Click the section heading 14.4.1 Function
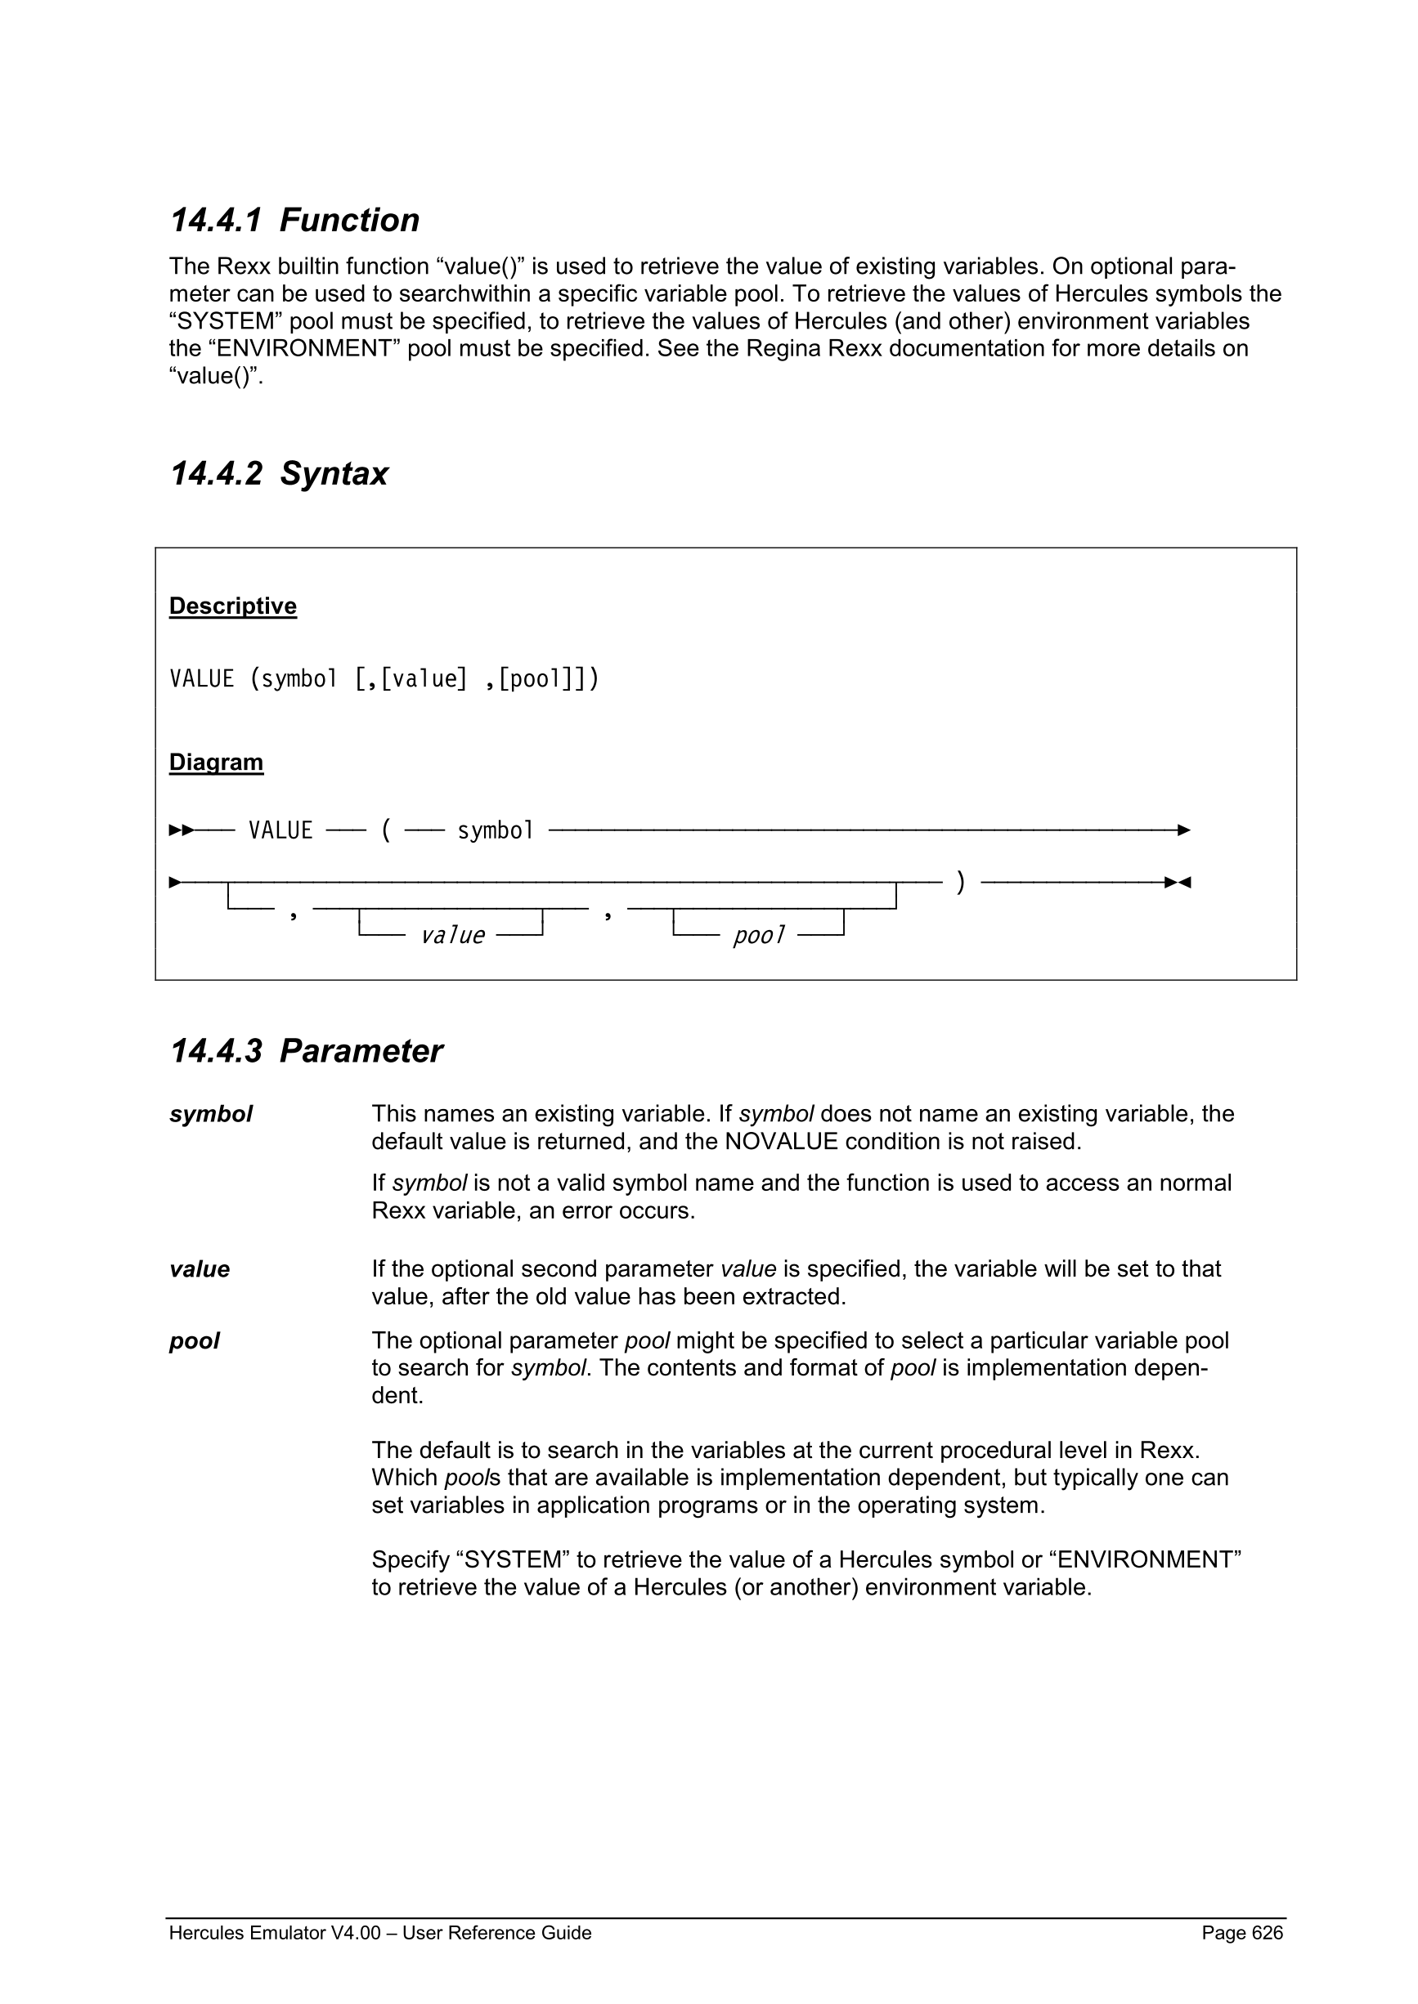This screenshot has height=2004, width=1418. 294,220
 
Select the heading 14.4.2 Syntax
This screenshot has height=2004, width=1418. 279,474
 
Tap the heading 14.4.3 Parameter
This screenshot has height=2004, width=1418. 306,1051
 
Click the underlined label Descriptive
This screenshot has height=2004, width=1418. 232,606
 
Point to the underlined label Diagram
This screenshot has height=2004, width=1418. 216,762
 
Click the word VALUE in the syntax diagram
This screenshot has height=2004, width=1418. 280,830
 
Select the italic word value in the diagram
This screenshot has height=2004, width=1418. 452,936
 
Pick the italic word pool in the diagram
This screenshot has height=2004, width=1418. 758,936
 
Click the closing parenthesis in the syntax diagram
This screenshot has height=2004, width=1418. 961,882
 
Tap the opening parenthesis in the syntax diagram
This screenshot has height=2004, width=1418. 385,830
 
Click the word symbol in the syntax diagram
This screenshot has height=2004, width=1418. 495,830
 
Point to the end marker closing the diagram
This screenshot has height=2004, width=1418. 1178,883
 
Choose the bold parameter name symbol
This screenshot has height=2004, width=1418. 210,1115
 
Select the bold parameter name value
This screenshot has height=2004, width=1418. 199,1269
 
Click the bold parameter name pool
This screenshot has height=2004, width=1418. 194,1340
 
